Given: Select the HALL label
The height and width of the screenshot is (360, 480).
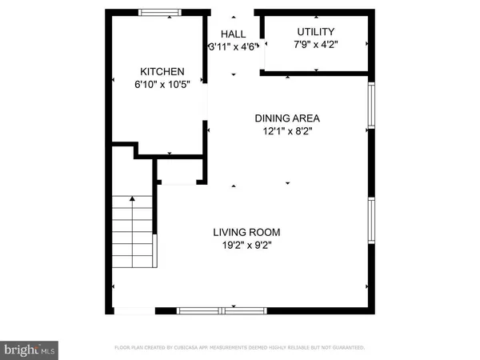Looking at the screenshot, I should click(x=233, y=34).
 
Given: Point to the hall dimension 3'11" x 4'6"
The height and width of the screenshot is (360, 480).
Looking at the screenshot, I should click(x=233, y=47).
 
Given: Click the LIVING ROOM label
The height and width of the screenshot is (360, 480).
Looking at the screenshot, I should click(x=246, y=233).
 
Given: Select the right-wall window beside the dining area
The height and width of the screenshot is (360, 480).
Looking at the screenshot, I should click(x=371, y=105).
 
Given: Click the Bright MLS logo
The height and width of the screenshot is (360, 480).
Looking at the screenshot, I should click(x=30, y=349).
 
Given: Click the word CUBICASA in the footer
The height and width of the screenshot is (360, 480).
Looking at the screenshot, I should click(x=206, y=348).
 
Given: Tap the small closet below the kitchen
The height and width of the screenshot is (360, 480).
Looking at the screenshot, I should click(x=177, y=171).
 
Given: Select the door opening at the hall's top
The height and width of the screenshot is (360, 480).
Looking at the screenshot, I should click(x=233, y=12).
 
